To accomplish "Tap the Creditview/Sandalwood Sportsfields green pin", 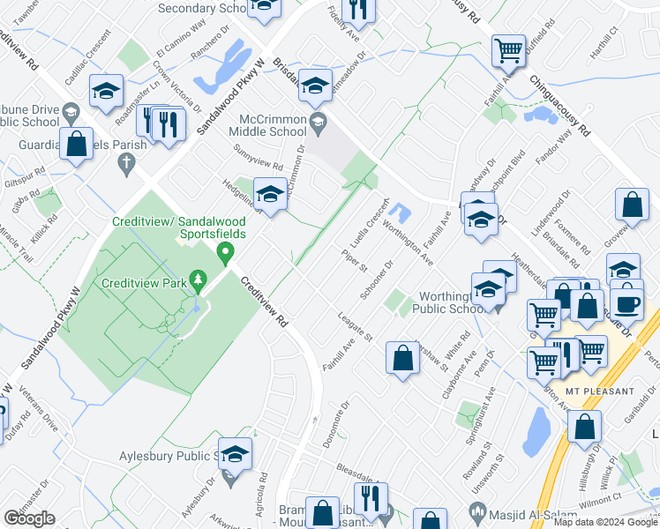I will [x=225, y=254].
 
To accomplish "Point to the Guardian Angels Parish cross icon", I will [x=126, y=162].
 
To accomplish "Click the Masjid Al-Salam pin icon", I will [x=477, y=510].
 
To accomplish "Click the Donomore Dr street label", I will [x=338, y=423].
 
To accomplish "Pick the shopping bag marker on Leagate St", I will [x=402, y=358].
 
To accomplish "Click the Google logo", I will [x=29, y=518].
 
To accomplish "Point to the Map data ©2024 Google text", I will [x=605, y=522].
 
